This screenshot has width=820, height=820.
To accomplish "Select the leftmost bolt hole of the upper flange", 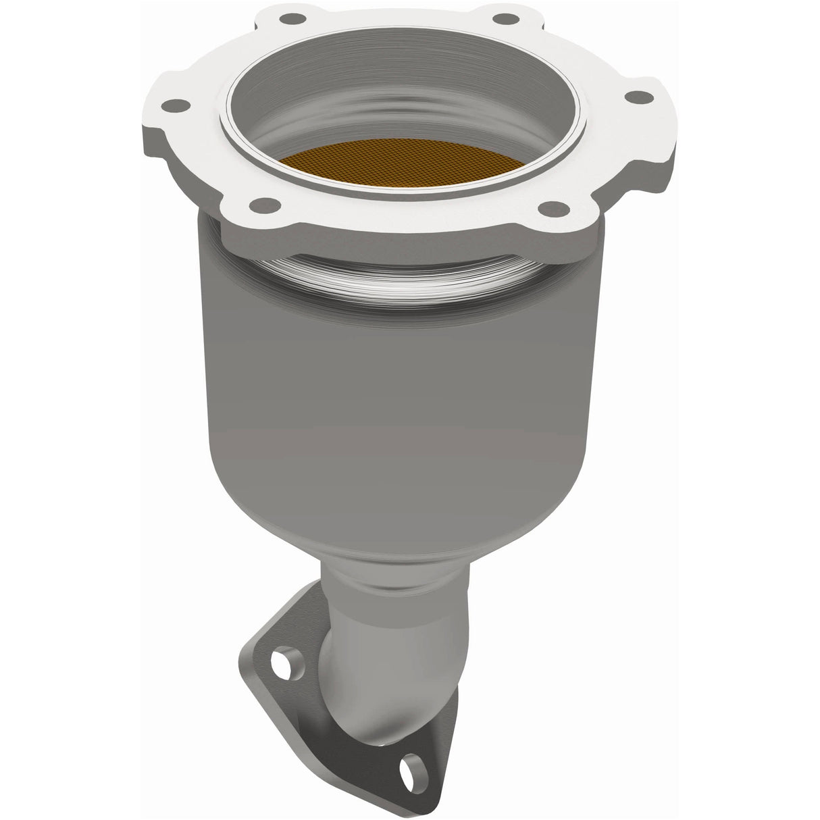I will point(177,105).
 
